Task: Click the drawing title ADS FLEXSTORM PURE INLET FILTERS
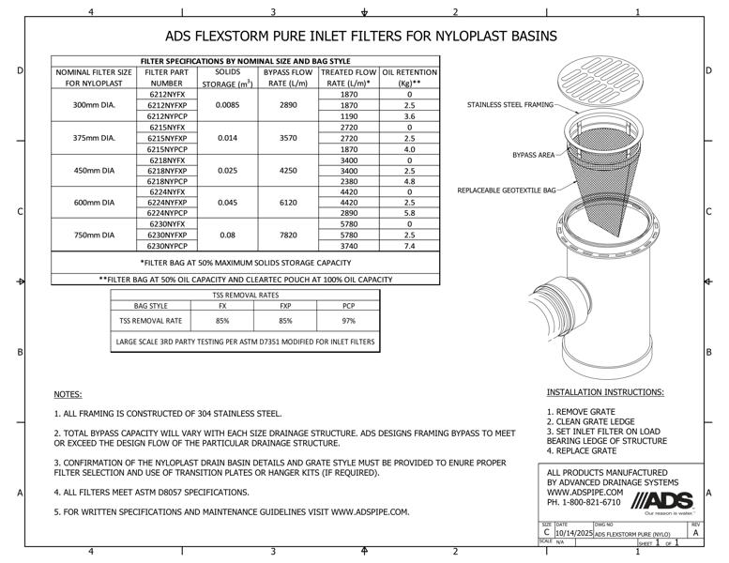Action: [361, 37]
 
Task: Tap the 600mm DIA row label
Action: [94, 203]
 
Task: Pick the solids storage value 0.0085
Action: [227, 105]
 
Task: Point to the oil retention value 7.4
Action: [409, 246]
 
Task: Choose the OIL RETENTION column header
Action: [409, 72]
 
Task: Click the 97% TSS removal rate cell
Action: [348, 321]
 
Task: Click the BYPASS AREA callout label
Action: [533, 154]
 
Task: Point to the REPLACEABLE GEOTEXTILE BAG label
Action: [507, 190]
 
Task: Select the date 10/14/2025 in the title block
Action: [573, 533]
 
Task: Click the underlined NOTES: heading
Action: [68, 394]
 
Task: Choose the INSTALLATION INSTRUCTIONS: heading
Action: [605, 391]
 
